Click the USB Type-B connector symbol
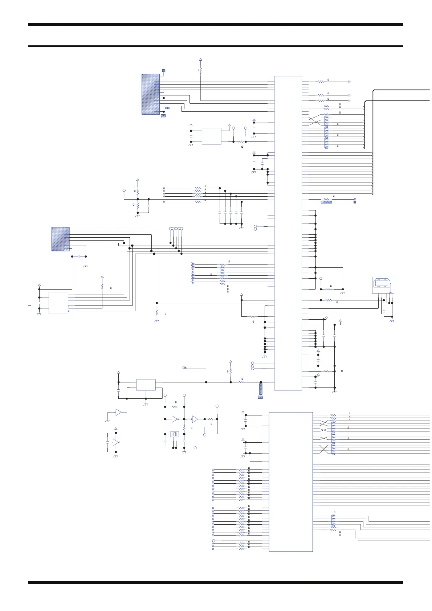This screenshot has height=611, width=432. (x=383, y=285)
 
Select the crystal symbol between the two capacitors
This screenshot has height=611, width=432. (x=175, y=434)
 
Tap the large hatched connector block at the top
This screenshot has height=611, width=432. (x=150, y=94)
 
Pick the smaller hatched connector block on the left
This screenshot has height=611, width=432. (x=60, y=239)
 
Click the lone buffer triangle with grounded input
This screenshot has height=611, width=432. (x=118, y=412)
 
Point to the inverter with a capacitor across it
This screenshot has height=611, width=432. (x=116, y=442)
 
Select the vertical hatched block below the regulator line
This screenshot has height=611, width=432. (x=261, y=389)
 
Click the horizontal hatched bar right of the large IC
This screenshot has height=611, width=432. (x=326, y=202)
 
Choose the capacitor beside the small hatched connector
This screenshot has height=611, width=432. (x=79, y=257)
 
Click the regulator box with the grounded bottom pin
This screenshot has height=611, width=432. (x=146, y=385)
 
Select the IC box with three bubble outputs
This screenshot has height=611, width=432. (x=58, y=303)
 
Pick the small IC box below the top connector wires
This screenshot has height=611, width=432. (x=211, y=136)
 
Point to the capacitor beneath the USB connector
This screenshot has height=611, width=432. (x=384, y=312)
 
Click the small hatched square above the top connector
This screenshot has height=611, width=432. (x=164, y=70)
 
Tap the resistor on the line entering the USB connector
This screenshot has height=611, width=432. (x=329, y=300)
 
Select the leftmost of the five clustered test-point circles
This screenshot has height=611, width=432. (x=171, y=228)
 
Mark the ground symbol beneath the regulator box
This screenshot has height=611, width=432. (x=146, y=404)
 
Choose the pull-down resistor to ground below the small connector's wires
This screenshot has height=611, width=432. (x=156, y=312)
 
